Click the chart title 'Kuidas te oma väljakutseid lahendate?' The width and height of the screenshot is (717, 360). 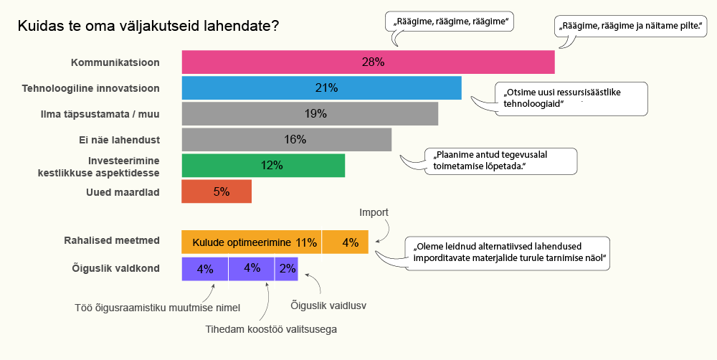(x=148, y=27)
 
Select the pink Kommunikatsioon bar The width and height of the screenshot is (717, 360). (x=368, y=62)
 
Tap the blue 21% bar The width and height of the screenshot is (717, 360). (x=321, y=88)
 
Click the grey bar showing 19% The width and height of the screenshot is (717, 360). (x=310, y=114)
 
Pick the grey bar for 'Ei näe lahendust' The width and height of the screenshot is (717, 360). (x=287, y=140)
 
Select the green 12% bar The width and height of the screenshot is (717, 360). (x=263, y=166)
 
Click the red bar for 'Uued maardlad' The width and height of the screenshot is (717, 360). (x=217, y=191)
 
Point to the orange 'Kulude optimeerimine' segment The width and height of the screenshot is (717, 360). (x=251, y=242)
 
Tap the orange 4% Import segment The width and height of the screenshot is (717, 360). (x=346, y=242)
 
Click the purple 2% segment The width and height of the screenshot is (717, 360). (x=286, y=269)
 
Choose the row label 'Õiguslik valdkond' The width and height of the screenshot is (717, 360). (x=115, y=269)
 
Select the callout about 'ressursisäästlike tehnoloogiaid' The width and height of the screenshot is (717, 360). (x=572, y=98)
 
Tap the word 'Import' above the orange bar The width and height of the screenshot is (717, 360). (x=374, y=212)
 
